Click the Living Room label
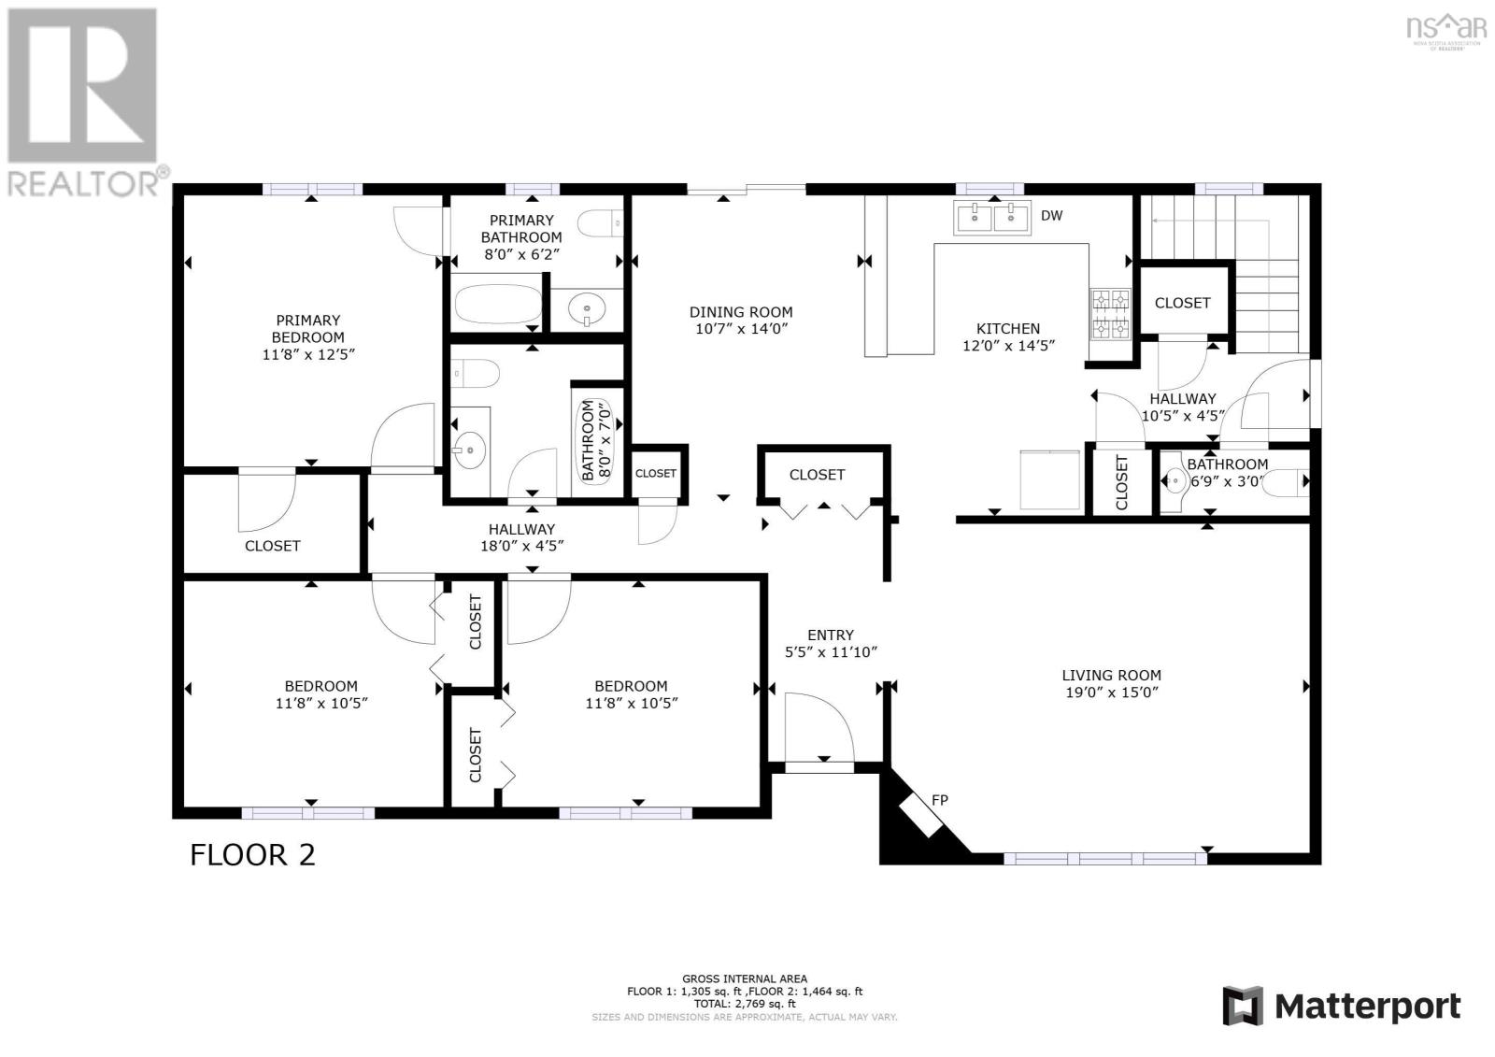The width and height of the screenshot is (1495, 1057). [1111, 675]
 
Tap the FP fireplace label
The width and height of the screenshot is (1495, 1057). [939, 800]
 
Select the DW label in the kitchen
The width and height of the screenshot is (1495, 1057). [1051, 216]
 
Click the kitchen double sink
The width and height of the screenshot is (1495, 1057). [990, 218]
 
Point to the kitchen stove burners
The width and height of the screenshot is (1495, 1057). [1110, 314]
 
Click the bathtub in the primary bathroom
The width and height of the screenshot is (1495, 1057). [497, 304]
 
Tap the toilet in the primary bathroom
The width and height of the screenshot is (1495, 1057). [598, 223]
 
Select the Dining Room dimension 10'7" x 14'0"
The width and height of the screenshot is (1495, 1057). [741, 329]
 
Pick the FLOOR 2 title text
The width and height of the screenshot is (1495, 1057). [252, 854]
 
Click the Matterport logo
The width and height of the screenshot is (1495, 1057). [1341, 1007]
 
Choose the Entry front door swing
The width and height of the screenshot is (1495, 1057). [819, 728]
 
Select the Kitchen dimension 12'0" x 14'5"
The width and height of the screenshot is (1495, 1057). [1007, 346]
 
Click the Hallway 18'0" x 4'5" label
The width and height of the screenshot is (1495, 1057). [521, 537]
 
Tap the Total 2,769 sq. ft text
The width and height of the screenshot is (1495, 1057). [744, 1004]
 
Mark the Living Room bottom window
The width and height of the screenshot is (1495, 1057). [1104, 857]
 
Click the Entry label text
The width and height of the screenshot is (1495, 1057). [831, 635]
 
